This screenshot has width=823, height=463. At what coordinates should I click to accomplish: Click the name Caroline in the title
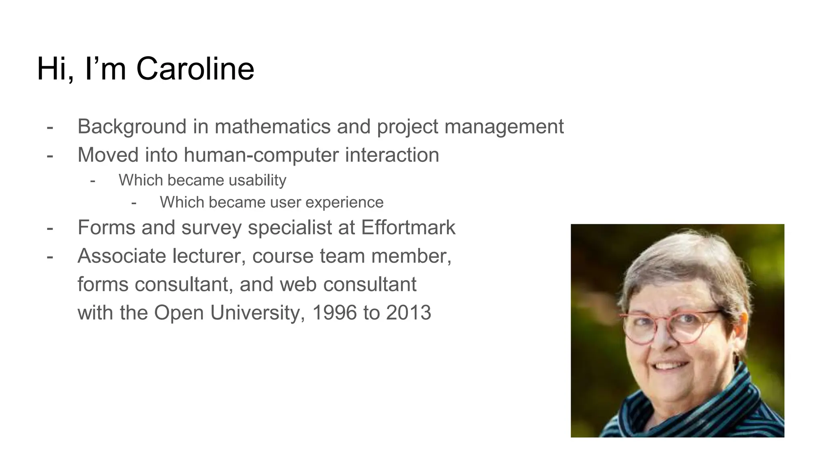pyautogui.click(x=195, y=69)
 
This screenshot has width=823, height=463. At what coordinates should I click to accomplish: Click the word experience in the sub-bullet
pyautogui.click(x=344, y=203)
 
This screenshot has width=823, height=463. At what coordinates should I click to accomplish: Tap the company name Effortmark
pyautogui.click(x=408, y=227)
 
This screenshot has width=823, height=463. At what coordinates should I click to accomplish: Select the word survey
pyautogui.click(x=211, y=228)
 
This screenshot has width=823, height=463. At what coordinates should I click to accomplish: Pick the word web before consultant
pyautogui.click(x=299, y=284)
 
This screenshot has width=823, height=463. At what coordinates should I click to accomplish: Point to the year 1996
pyautogui.click(x=334, y=313)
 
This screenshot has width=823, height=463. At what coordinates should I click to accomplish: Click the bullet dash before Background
pyautogui.click(x=50, y=127)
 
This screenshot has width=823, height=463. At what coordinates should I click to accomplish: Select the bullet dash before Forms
pyautogui.click(x=50, y=228)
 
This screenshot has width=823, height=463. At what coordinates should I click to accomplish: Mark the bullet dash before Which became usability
pyautogui.click(x=93, y=181)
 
